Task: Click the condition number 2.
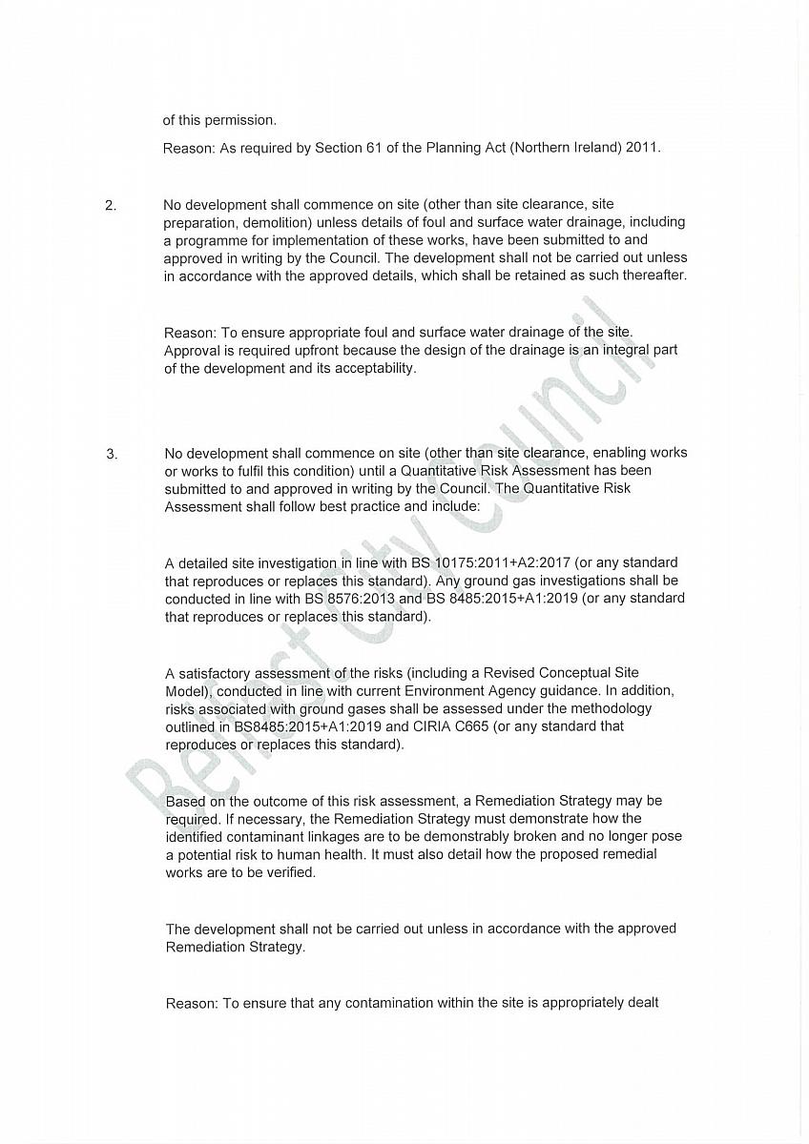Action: (110, 204)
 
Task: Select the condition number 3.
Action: (112, 454)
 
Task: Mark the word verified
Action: (285, 872)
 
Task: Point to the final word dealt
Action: (643, 1003)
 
